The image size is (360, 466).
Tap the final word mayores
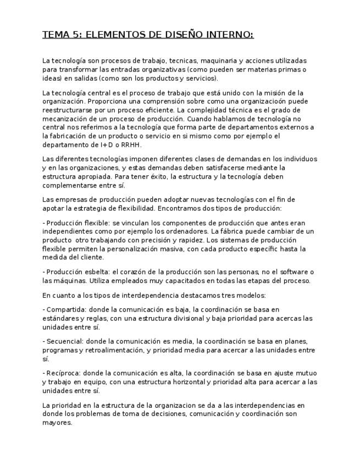[57, 423]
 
